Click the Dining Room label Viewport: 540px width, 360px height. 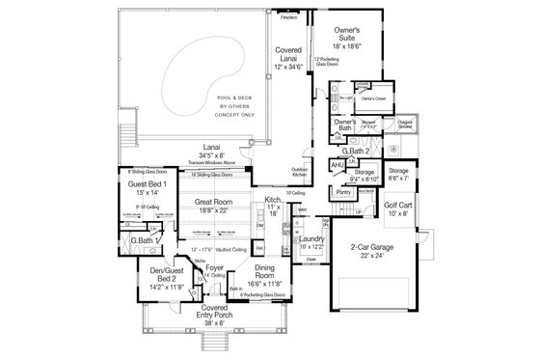point(265,277)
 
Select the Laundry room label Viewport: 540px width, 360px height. point(310,241)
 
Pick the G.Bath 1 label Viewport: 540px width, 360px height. point(145,239)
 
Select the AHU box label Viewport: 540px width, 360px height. point(337,165)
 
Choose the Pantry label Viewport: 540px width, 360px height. point(343,192)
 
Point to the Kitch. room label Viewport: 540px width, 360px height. point(273,204)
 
